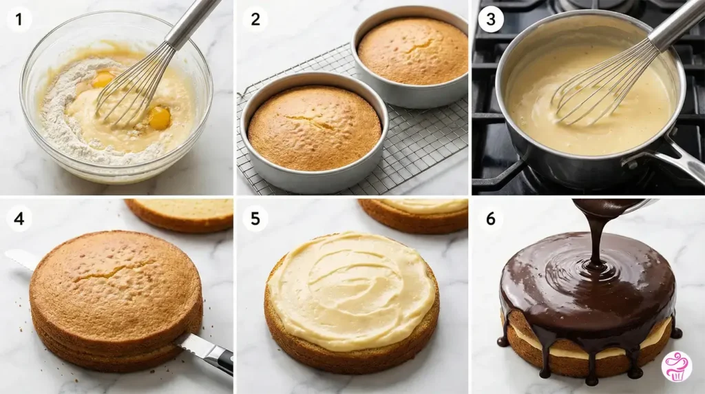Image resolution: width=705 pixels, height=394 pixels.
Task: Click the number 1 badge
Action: point(19,19)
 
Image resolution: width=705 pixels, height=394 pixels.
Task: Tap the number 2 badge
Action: point(255,19)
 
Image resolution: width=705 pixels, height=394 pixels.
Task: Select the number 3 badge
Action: point(490,19)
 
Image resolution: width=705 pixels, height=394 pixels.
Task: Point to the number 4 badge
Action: point(19,218)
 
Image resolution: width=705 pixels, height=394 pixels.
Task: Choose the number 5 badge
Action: point(255,218)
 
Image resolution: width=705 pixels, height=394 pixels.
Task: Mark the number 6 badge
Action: point(490,218)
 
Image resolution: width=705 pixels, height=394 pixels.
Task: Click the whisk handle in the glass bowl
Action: point(193,23)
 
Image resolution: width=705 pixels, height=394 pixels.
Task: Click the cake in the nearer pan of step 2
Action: point(315,127)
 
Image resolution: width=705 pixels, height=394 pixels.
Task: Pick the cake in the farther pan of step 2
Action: point(413,51)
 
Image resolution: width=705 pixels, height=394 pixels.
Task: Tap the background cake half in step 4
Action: point(180,214)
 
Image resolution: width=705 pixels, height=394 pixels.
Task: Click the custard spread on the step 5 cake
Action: point(351,291)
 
